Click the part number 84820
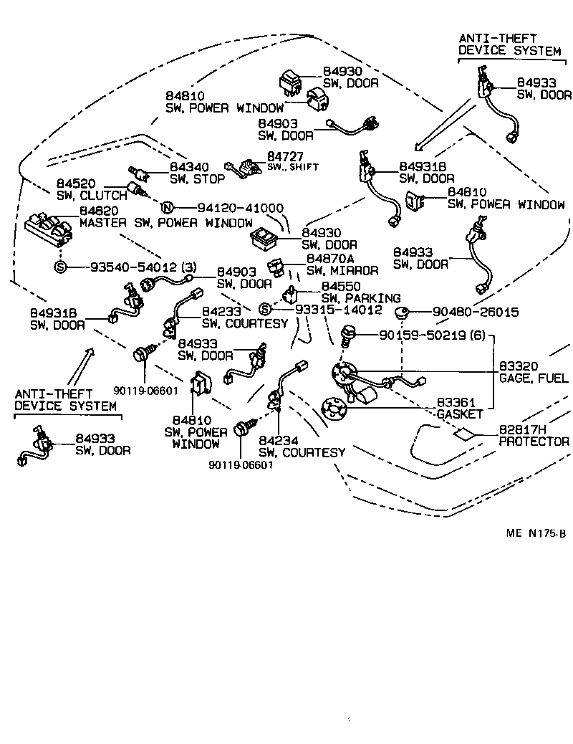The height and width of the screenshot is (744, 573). (99, 211)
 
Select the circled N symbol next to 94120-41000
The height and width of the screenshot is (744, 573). (168, 208)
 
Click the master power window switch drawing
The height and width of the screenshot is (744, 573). (47, 229)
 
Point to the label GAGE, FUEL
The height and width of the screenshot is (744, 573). (534, 378)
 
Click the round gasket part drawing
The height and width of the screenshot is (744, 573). (334, 409)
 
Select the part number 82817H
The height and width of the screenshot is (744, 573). (522, 429)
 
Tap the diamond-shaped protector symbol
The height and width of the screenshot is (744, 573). (463, 433)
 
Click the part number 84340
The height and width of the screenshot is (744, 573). (189, 167)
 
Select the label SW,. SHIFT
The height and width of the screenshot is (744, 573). (292, 166)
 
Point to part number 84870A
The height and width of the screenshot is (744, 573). (330, 258)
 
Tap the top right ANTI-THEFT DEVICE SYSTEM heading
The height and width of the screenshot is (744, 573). (509, 44)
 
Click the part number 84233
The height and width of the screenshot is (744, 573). (221, 312)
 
